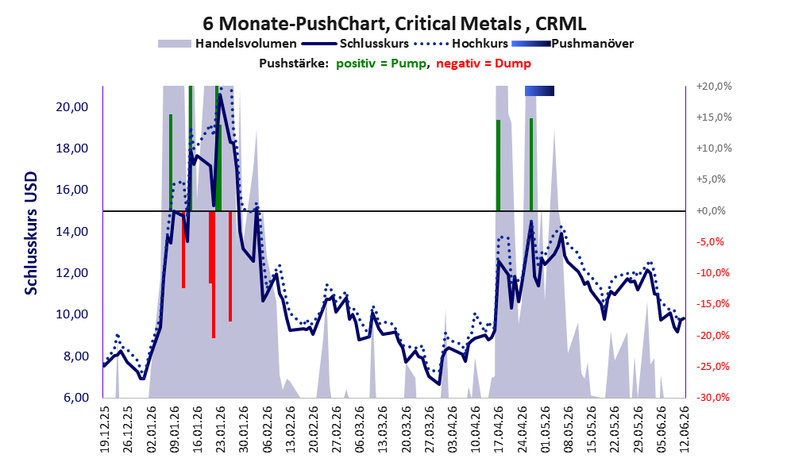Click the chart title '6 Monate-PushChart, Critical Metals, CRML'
point(394,23)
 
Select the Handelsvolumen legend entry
point(227,44)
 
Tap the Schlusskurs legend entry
point(355,44)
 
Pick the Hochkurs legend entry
point(461,44)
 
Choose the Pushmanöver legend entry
point(572,44)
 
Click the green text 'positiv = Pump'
point(381,64)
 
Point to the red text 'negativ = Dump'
point(484,64)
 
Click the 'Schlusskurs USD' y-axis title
point(31,233)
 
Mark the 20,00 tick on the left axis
point(74,107)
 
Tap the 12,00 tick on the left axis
point(74,273)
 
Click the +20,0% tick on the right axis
point(714,87)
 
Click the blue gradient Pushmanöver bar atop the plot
point(539,91)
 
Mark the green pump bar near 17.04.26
point(499,166)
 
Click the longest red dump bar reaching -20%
point(214,275)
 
